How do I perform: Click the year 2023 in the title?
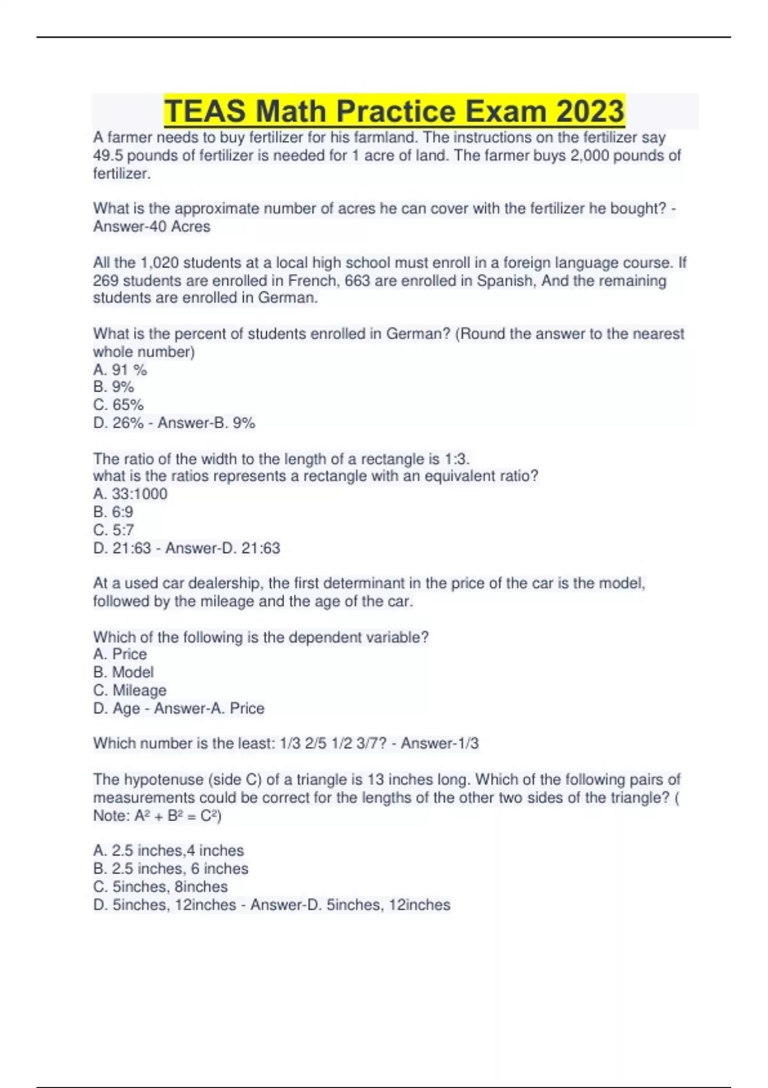click(x=589, y=111)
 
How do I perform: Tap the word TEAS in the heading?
click(x=205, y=111)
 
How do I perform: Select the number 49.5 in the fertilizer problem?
click(x=108, y=156)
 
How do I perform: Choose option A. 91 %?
click(x=120, y=370)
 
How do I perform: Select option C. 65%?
click(x=118, y=405)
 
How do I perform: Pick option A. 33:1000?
click(x=130, y=494)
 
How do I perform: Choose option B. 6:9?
click(x=113, y=512)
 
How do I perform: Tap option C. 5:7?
click(x=113, y=530)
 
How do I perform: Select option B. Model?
click(x=124, y=673)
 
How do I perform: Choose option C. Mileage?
click(x=130, y=691)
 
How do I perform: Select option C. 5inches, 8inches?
click(x=160, y=887)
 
